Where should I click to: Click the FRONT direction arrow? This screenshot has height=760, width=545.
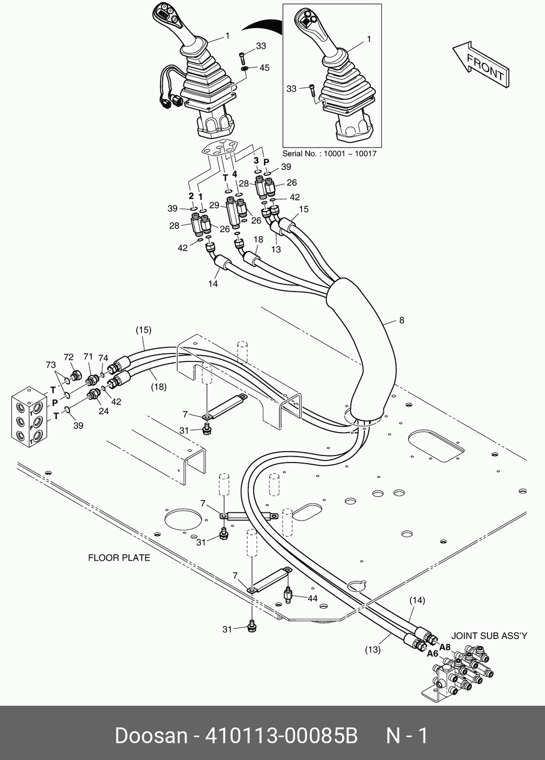click(x=480, y=66)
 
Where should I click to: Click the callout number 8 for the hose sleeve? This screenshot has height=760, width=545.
click(x=401, y=320)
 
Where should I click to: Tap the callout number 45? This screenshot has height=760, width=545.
click(x=264, y=68)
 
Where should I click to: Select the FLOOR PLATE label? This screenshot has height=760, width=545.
click(x=119, y=558)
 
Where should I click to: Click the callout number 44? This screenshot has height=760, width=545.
click(x=312, y=598)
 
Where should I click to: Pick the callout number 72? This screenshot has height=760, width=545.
click(x=68, y=357)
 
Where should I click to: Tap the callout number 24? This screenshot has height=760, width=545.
click(x=104, y=411)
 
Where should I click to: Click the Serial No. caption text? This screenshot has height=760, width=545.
click(x=329, y=154)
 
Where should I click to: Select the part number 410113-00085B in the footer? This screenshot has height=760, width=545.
click(x=281, y=736)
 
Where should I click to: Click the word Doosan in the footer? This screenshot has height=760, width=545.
click(x=151, y=736)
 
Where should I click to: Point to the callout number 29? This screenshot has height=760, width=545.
click(x=214, y=206)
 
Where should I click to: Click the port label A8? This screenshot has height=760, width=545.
click(x=445, y=647)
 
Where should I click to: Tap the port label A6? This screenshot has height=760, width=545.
click(x=432, y=654)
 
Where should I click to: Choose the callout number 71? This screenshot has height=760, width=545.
click(x=88, y=356)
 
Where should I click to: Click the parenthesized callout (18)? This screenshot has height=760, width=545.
click(x=158, y=387)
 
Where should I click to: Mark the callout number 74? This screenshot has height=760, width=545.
click(x=103, y=358)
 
